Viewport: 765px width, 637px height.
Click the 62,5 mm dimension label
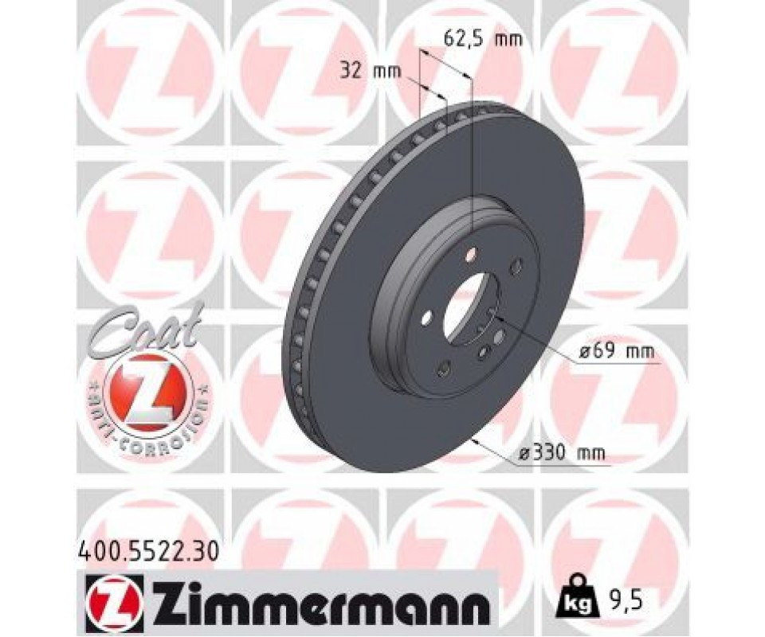point(483,38)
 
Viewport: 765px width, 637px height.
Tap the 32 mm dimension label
point(370,72)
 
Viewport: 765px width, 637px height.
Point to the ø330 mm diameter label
point(561,454)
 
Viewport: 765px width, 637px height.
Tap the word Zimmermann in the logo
point(319,600)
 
